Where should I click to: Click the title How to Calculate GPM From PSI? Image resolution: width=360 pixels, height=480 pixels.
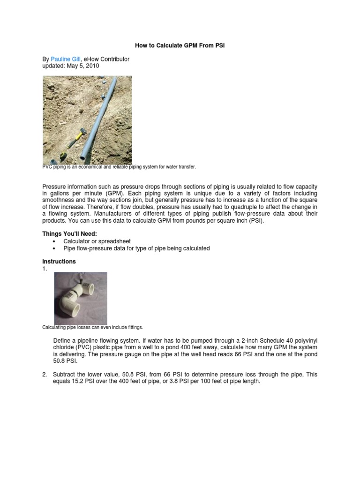[x=180, y=46]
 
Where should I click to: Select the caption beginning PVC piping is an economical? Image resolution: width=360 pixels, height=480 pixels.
[x=119, y=166]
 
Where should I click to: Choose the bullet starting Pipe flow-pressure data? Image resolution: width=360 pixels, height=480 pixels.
[x=136, y=248]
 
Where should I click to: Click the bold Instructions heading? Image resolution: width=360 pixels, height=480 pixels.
[x=59, y=262]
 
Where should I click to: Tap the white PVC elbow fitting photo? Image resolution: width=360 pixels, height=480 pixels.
[x=81, y=298]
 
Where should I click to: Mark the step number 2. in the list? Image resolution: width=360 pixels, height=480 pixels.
[x=45, y=375]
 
